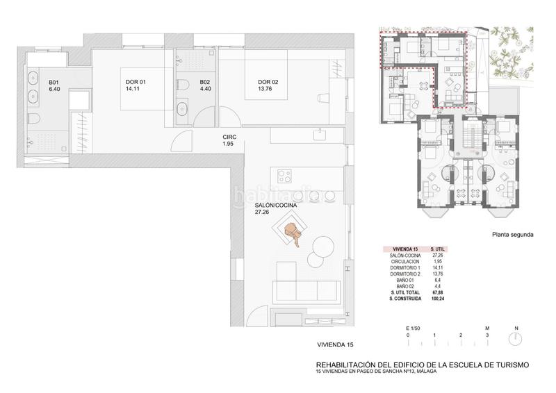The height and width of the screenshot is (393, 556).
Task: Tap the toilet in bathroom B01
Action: [33, 119]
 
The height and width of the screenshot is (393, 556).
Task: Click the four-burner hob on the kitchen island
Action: [284, 172]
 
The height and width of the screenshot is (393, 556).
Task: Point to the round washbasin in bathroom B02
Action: [183, 108]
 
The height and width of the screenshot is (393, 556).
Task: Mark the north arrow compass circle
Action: [515, 340]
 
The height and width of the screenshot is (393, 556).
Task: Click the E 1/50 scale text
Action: [414, 328]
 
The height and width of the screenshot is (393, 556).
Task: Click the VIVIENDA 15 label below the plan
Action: [336, 344]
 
